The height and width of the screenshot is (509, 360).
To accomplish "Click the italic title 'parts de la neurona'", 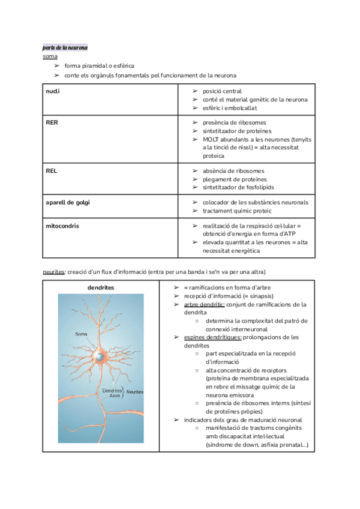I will pos(65,47).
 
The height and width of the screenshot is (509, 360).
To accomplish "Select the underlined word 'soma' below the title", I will pos(50,56).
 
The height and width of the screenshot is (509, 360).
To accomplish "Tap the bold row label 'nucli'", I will pos(53,91).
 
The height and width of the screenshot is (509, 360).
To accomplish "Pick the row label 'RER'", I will pos(52,122).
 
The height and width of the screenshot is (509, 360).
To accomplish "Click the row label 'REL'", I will pos(51,170).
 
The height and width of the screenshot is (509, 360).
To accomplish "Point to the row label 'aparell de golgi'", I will pos(68,202).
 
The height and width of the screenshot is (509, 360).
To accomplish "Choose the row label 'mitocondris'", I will pos(62,226).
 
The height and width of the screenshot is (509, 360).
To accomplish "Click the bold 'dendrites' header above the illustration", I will pos(101,288).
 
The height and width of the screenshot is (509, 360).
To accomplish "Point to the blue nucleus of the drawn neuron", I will pos(98,357).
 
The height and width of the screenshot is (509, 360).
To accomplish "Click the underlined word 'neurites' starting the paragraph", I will pos(54,271).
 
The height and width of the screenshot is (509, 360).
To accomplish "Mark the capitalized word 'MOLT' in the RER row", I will pos(211,139).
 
